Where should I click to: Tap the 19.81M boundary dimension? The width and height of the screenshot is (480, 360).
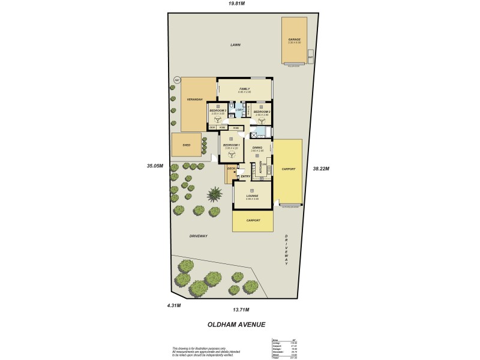tap(236, 4)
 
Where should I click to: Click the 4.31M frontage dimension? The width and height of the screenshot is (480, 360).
tap(173, 305)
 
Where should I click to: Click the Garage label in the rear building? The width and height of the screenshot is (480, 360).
tap(294, 40)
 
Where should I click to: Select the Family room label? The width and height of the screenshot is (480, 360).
tap(244, 89)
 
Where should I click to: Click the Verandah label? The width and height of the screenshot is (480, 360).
tap(193, 99)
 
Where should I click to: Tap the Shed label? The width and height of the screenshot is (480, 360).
tap(185, 144)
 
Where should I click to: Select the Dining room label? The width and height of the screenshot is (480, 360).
tap(257, 147)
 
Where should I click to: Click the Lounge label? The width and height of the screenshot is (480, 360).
tap(252, 196)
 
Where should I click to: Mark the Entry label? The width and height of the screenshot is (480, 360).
tap(245, 176)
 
